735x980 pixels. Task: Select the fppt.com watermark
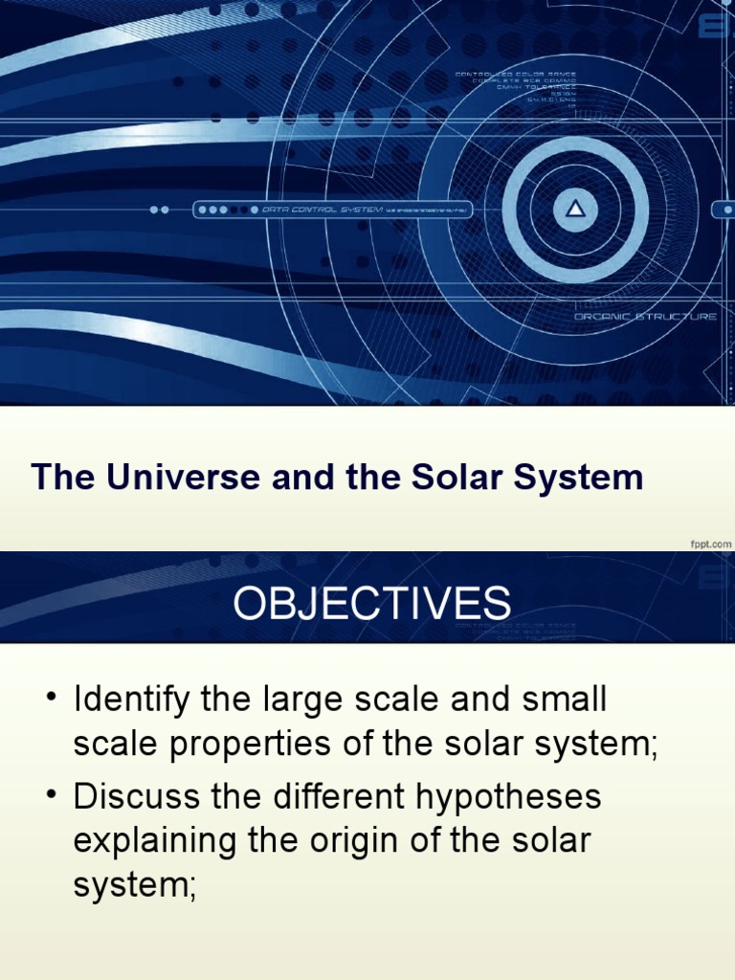pyautogui.click(x=710, y=544)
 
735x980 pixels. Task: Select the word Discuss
pyautogui.click(x=137, y=796)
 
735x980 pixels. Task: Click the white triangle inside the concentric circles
pyautogui.click(x=575, y=210)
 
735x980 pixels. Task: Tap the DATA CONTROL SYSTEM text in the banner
pyautogui.click(x=322, y=210)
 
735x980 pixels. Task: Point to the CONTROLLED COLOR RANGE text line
pyautogui.click(x=516, y=74)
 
